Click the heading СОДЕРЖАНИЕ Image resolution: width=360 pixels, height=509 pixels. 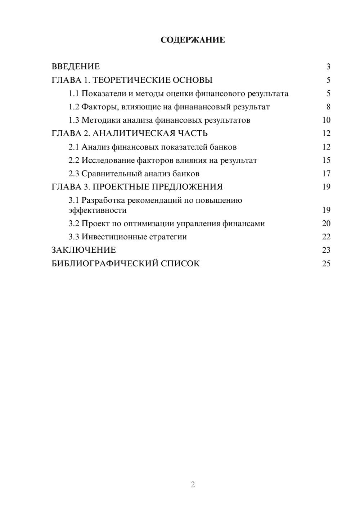(193, 40)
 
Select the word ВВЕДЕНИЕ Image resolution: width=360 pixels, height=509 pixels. (76, 67)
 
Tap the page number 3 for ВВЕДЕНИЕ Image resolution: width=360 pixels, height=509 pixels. (328, 67)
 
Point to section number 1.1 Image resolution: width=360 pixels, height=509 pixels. (74, 94)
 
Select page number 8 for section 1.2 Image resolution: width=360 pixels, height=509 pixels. (328, 107)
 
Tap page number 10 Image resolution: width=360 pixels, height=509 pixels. (326, 120)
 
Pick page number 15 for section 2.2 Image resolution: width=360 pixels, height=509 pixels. (326, 160)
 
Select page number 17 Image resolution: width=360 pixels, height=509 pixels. (326, 174)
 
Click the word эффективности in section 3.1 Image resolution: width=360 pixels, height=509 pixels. (98, 210)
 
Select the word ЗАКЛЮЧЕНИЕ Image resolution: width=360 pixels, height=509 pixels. (84, 250)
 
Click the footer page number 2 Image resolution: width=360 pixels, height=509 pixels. (193, 485)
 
